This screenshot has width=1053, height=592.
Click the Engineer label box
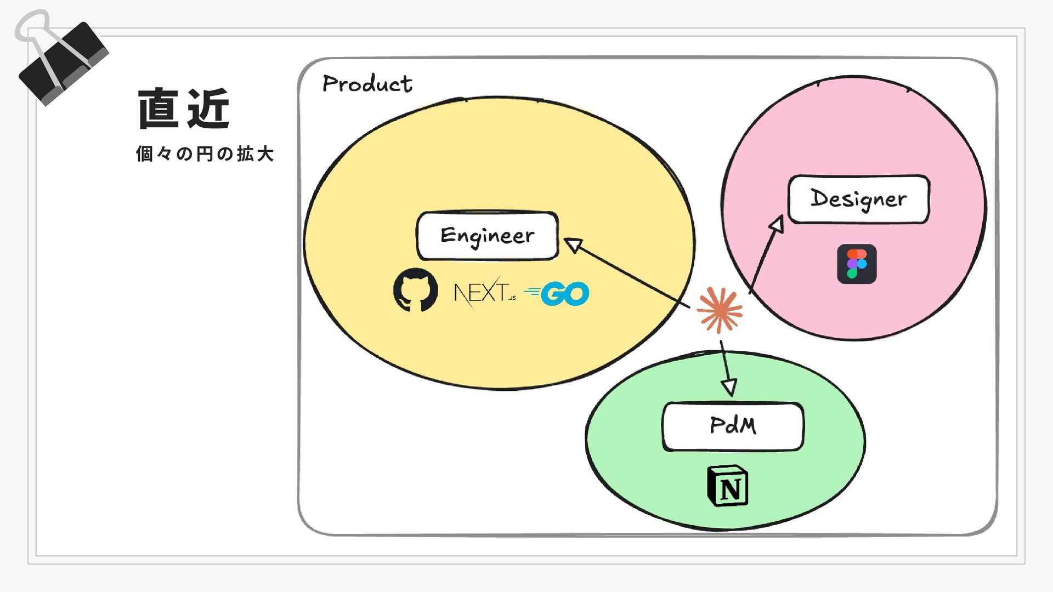coord(487,236)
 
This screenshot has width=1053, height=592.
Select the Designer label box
coord(858,199)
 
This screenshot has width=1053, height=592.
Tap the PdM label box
coord(733,426)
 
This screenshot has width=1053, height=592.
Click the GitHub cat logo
coord(415,290)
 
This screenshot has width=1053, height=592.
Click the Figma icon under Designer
coord(857,264)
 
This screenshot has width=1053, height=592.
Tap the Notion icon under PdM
coord(728,486)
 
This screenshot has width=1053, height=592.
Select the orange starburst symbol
coord(720,310)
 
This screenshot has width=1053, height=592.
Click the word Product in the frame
coord(367,84)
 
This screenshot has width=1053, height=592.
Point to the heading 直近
coord(183,109)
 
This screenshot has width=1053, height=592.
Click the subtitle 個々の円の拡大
coord(205,154)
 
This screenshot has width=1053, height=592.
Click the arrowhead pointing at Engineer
coord(573,245)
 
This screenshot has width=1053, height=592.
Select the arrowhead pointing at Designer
coord(777,224)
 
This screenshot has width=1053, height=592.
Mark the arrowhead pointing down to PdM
coord(729,387)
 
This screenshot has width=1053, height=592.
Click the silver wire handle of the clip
coord(33,27)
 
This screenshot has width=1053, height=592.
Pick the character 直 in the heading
coord(158,109)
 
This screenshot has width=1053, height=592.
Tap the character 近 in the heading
coord(208,109)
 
